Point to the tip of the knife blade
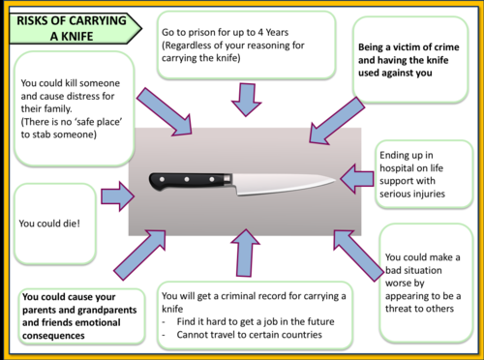pyautogui.click(x=335, y=178)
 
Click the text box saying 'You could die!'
pyautogui.click(x=53, y=224)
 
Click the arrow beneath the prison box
pyautogui.click(x=247, y=98)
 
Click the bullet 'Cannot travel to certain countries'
pyautogui.click(x=249, y=336)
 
